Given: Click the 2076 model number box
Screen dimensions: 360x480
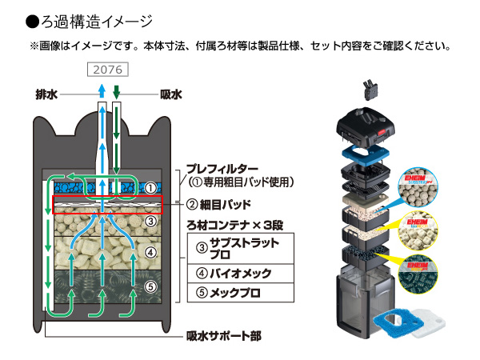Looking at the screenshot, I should coord(106,70).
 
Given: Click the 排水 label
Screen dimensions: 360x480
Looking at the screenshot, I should coord(47,94).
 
